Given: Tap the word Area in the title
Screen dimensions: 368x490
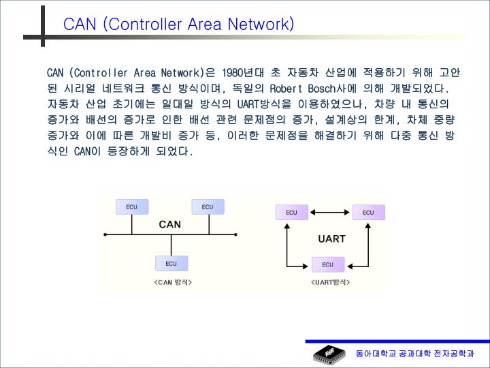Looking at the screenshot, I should pos(206,25).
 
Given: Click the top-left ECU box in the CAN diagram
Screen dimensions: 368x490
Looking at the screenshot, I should pos(132,206).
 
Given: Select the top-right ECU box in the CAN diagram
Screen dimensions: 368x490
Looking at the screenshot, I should pos(208,206).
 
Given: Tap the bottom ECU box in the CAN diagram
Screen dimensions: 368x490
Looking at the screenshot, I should pos(171,263).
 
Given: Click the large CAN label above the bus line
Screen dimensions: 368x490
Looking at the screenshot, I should pos(169,224).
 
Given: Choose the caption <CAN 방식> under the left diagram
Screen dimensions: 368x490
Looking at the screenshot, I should pos(173,281).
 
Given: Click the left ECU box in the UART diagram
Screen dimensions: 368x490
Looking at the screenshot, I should pos(291,213).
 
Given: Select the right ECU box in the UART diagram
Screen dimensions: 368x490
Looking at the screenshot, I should pos(367,213).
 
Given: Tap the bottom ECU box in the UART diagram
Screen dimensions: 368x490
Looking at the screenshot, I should pos(328,264).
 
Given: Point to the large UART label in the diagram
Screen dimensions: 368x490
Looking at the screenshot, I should pos(331,239).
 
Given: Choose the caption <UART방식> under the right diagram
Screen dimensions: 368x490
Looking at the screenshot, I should pos(331,281).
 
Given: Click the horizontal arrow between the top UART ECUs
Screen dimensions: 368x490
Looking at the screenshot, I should pos(329,213).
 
